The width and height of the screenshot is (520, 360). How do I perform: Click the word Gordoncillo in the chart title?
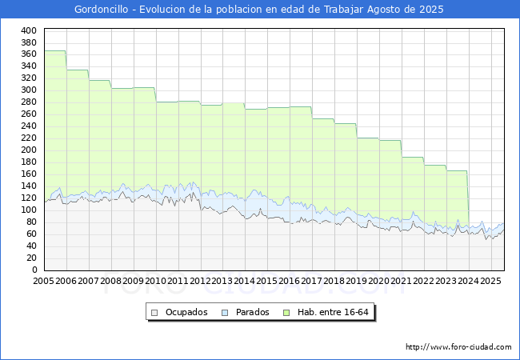(x=102, y=10)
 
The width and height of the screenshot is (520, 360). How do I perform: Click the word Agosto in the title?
(x=380, y=10)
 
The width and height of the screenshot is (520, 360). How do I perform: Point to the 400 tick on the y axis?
(x=29, y=30)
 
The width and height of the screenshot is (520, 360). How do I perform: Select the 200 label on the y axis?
(x=29, y=150)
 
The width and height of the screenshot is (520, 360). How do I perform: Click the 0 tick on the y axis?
(x=34, y=270)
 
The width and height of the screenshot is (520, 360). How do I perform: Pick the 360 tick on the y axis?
(x=29, y=54)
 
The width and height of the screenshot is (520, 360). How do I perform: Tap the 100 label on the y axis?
(x=29, y=210)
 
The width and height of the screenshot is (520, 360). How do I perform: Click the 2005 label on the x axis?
(x=44, y=282)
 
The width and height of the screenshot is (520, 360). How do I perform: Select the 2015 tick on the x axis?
(x=267, y=282)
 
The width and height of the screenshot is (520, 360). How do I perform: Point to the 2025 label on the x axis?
(x=490, y=282)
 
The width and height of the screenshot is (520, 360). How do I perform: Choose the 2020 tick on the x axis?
(x=379, y=282)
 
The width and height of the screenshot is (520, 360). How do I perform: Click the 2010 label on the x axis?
(x=156, y=282)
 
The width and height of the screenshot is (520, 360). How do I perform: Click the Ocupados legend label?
(x=186, y=312)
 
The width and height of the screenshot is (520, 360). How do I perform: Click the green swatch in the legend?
(x=292, y=312)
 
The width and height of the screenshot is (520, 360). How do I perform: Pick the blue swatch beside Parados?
(x=226, y=312)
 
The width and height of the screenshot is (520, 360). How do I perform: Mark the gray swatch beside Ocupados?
(x=155, y=312)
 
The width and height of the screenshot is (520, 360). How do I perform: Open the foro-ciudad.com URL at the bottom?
(x=458, y=347)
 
